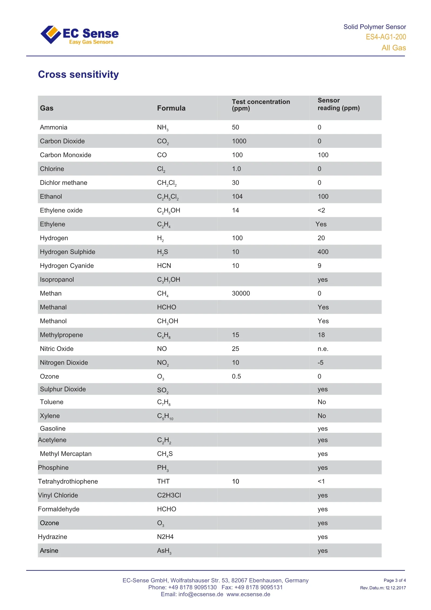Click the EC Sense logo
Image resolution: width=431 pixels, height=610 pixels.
79,35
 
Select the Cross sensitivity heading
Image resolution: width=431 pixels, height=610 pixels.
78,74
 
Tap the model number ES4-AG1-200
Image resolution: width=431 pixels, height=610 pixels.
386,37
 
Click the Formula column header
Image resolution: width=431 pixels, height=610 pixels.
171,108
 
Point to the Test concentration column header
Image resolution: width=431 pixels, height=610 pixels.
261,105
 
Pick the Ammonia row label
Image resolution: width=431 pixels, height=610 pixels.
53,127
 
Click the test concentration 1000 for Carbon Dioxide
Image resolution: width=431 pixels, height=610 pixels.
239,141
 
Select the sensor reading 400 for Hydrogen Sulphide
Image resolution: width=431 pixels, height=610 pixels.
323,252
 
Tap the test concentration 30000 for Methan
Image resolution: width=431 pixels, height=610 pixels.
241,293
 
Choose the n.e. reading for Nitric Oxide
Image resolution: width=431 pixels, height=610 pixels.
323,349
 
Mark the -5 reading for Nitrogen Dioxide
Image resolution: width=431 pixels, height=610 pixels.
321,363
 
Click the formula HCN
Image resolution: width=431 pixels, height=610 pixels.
164,266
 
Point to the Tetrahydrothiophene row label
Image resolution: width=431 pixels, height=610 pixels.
68,481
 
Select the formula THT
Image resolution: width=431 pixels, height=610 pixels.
163,481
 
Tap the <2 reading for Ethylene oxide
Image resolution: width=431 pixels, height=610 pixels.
321,210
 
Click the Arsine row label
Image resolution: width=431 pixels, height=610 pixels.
49,551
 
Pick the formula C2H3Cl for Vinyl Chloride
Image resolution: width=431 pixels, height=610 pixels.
169,495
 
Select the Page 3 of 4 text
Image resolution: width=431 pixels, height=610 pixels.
395,580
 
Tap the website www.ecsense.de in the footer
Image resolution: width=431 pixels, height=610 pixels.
248,594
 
